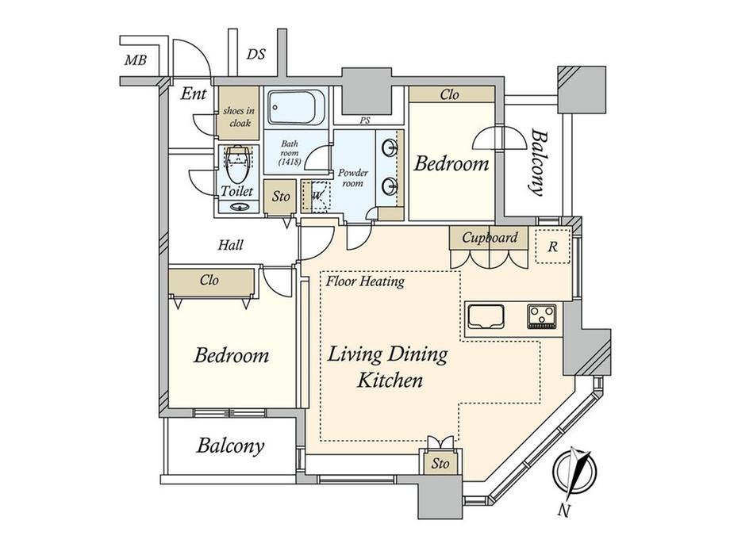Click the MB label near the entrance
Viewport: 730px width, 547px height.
click(x=136, y=60)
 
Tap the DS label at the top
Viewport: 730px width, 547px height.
click(x=255, y=55)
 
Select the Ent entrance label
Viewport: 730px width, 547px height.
click(x=193, y=94)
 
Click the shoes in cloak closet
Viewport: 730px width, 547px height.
click(x=239, y=113)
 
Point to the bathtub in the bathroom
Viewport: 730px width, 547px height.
click(x=297, y=108)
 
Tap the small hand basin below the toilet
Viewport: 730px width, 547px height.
click(x=239, y=207)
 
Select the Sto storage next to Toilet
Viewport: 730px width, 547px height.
click(x=280, y=197)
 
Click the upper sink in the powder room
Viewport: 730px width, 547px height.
click(x=390, y=148)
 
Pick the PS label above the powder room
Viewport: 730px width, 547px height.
click(x=365, y=120)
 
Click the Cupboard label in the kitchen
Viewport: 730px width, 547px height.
click(x=490, y=238)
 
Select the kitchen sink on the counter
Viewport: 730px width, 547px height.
click(x=486, y=317)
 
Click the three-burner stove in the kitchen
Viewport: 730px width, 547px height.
click(x=542, y=316)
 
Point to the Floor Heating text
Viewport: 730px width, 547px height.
click(x=365, y=281)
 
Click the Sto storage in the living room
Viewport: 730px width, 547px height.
click(x=440, y=463)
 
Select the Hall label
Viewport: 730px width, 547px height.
click(x=230, y=245)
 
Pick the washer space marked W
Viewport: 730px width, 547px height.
click(x=316, y=197)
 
